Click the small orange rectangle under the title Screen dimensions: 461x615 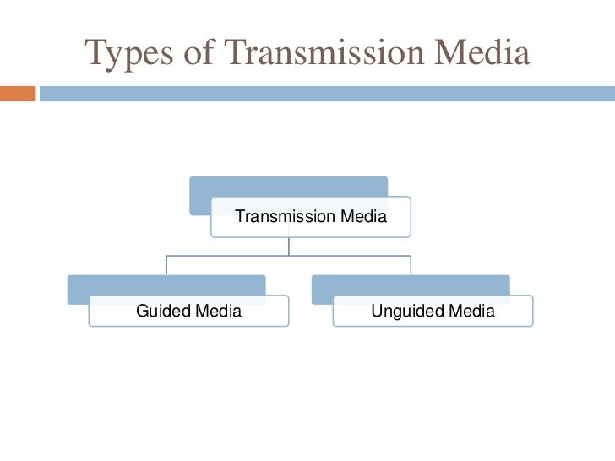point(18,93)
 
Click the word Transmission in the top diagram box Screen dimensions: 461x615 point(285,217)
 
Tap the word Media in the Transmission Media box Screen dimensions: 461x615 point(362,217)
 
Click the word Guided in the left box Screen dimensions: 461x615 point(163,312)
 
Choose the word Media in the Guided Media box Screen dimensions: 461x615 point(218,312)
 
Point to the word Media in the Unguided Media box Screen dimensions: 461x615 point(471,312)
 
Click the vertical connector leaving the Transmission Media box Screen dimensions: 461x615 point(289,246)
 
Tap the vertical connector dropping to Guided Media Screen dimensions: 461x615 point(166,264)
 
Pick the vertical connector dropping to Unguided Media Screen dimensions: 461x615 point(411,264)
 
